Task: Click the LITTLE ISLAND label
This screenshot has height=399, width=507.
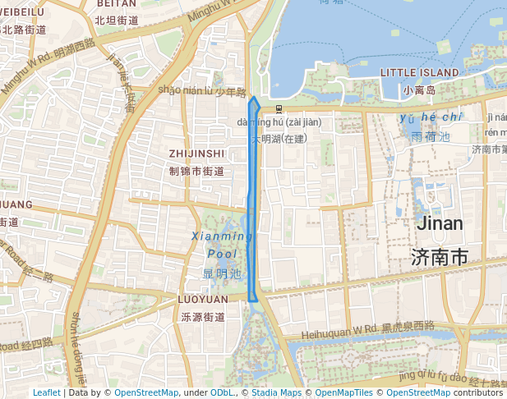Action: point(419,73)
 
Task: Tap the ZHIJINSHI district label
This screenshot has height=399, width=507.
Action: point(196,154)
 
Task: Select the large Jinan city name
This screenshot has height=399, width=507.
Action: point(440,223)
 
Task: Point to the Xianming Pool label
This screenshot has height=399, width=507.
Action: point(222,245)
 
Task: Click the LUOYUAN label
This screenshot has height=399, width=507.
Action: point(203,300)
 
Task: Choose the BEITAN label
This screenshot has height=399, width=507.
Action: point(116,4)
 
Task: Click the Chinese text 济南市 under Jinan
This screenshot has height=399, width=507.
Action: point(440,257)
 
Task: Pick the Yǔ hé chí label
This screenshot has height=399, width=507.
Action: point(431,118)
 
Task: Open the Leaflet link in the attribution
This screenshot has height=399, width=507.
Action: point(46,393)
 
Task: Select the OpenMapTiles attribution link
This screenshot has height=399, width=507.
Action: point(340,393)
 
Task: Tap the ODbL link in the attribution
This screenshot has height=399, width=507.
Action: point(222,393)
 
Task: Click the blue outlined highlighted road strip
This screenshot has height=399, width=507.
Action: point(254,205)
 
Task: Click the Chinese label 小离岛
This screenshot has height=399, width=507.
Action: point(419,89)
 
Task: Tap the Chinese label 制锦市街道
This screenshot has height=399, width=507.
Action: point(196,171)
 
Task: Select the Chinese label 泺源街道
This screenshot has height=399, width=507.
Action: point(203,317)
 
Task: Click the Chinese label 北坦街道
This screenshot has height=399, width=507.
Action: point(116,21)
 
